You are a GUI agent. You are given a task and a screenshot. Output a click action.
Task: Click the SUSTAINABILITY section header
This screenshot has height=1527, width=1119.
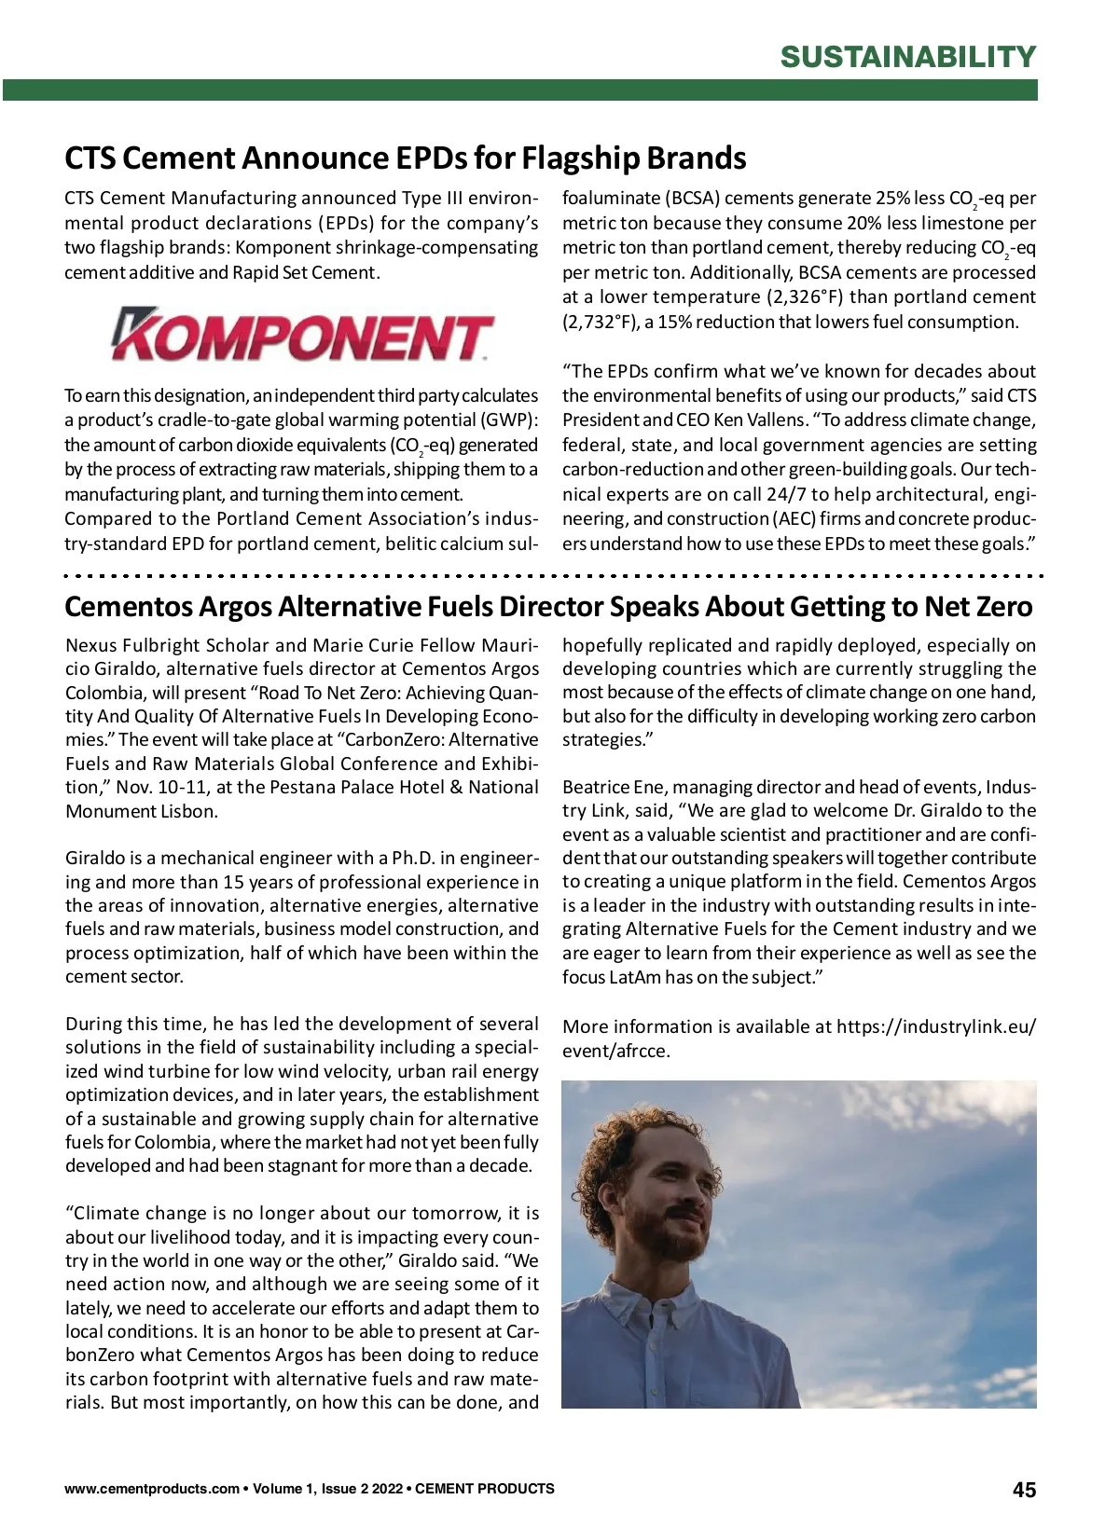click(x=907, y=57)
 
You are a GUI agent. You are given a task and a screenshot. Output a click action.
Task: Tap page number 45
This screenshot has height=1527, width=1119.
click(x=1024, y=1490)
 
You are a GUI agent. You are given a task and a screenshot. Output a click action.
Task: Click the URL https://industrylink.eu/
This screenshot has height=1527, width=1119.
click(x=935, y=1027)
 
